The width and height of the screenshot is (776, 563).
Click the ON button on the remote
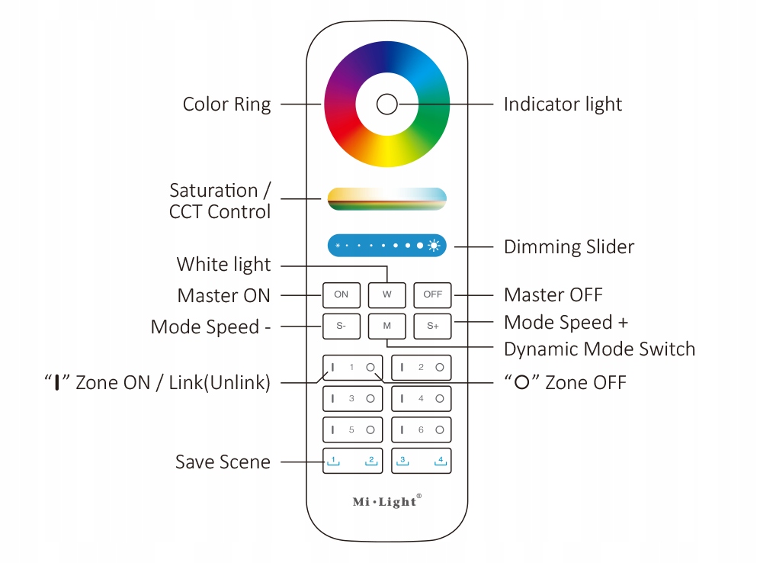point(341,294)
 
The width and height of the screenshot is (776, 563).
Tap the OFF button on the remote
point(432,294)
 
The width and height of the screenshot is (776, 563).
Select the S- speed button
point(341,326)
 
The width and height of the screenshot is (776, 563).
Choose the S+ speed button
point(432,326)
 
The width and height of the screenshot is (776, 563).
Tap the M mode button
point(386,326)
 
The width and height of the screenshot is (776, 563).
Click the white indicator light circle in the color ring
point(386,105)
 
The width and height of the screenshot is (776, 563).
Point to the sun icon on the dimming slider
point(434,246)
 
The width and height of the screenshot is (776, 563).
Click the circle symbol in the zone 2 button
point(440,368)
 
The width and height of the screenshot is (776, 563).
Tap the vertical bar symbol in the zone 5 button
point(332,430)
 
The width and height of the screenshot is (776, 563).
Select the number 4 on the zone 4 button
point(421,398)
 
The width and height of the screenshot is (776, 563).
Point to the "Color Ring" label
point(226,105)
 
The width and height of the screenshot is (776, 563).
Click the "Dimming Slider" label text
point(569,247)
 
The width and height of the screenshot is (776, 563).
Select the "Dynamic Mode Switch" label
point(599,349)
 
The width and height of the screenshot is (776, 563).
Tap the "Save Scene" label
point(223,462)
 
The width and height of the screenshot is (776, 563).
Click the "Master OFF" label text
point(553,294)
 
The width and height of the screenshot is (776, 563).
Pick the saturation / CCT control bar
point(386,198)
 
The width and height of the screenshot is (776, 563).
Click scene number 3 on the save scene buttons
point(402,460)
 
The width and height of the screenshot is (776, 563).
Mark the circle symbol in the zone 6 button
point(440,430)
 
